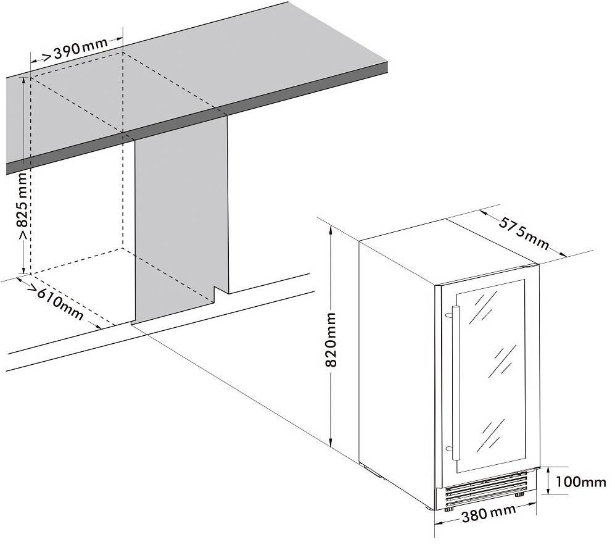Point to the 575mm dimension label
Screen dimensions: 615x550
(524, 233)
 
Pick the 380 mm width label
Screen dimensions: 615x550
(489, 514)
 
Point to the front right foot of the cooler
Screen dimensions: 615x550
(519, 494)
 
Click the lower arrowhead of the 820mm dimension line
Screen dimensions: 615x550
(331, 442)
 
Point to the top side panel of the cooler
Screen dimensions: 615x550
(449, 251)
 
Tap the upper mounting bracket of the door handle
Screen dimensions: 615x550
(449, 314)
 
